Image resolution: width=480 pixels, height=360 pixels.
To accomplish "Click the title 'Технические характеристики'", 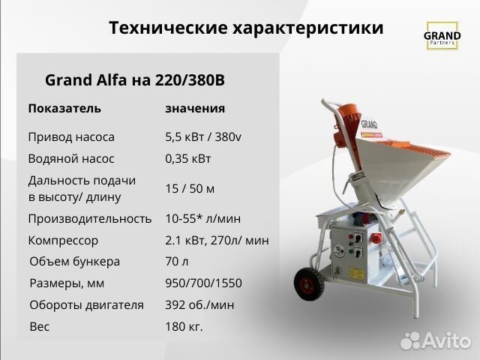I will (246, 28).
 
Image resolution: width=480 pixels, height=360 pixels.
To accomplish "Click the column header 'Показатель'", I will (64, 108).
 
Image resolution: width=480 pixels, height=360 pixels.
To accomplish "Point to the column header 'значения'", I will (195, 108).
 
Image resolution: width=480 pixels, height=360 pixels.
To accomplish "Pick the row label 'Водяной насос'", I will (70, 158).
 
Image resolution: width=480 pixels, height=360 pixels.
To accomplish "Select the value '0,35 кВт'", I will (188, 158).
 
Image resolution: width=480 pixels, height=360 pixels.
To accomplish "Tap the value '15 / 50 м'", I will (190, 188).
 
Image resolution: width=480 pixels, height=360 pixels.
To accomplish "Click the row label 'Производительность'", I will (90, 219).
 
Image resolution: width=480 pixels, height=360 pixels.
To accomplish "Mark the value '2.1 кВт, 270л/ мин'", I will (217, 241).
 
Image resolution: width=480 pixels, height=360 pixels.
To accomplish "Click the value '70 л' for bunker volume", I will (178, 262).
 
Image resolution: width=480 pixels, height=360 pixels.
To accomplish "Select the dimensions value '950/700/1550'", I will (203, 283).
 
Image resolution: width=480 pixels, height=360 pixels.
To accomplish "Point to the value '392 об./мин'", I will (199, 305).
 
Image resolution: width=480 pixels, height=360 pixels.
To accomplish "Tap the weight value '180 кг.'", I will (184, 327).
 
